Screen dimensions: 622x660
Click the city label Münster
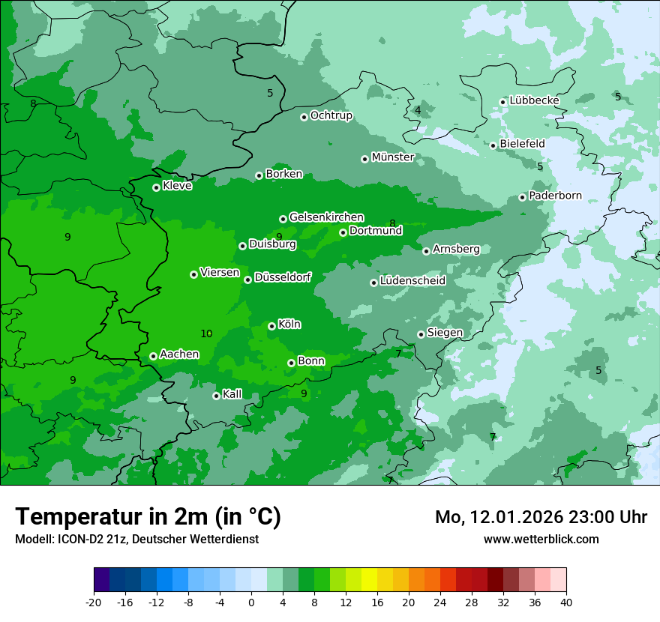coord(392,157)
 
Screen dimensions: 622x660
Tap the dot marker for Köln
coord(271,326)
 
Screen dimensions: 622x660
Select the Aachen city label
coord(179,354)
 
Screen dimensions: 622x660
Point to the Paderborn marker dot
coord(523,197)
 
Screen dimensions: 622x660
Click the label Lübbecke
coord(534,100)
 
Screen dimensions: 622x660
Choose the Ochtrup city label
coord(331,115)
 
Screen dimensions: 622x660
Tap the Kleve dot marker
coord(156,187)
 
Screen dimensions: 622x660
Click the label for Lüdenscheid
coord(412,281)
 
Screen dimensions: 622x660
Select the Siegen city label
coord(445,332)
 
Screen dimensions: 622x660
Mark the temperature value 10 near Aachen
coord(206,333)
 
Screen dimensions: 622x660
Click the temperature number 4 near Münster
coord(418,110)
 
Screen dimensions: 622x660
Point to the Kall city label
coord(232,394)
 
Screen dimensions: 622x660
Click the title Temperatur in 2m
coord(148,516)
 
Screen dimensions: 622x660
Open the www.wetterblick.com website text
coord(541,539)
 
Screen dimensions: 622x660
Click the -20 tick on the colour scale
coord(93,602)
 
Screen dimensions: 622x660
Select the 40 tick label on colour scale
coord(566,602)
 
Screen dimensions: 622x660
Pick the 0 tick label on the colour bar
coord(251,602)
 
